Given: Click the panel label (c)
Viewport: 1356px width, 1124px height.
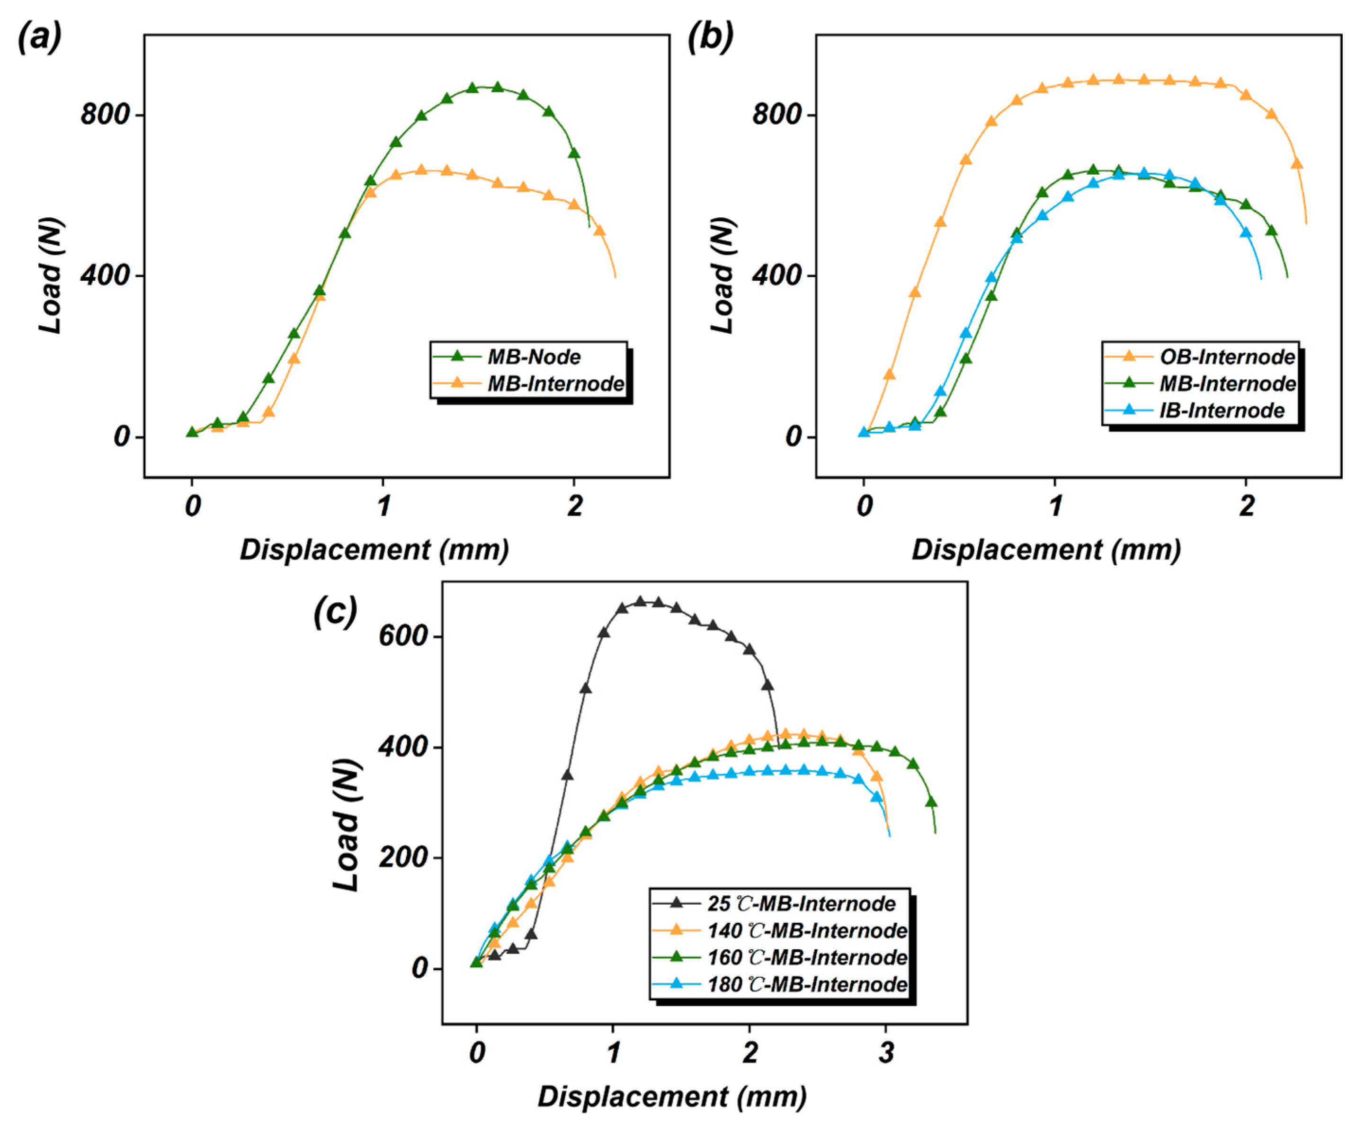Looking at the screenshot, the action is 335,611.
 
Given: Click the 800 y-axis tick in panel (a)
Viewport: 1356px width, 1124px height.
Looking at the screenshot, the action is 105,115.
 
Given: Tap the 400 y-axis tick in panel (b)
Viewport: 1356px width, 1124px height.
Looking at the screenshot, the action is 777,276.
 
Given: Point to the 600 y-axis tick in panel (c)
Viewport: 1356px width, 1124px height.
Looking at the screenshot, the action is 403,636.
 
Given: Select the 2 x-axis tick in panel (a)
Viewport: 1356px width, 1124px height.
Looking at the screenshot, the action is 574,506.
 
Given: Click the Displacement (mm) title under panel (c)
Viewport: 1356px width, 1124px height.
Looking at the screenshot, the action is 672,1097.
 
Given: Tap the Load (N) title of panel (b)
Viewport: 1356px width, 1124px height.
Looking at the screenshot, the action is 723,276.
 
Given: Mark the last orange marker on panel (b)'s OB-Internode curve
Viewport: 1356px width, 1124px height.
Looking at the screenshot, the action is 1297,163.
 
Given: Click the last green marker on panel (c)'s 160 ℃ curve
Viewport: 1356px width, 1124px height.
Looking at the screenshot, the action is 931,802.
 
